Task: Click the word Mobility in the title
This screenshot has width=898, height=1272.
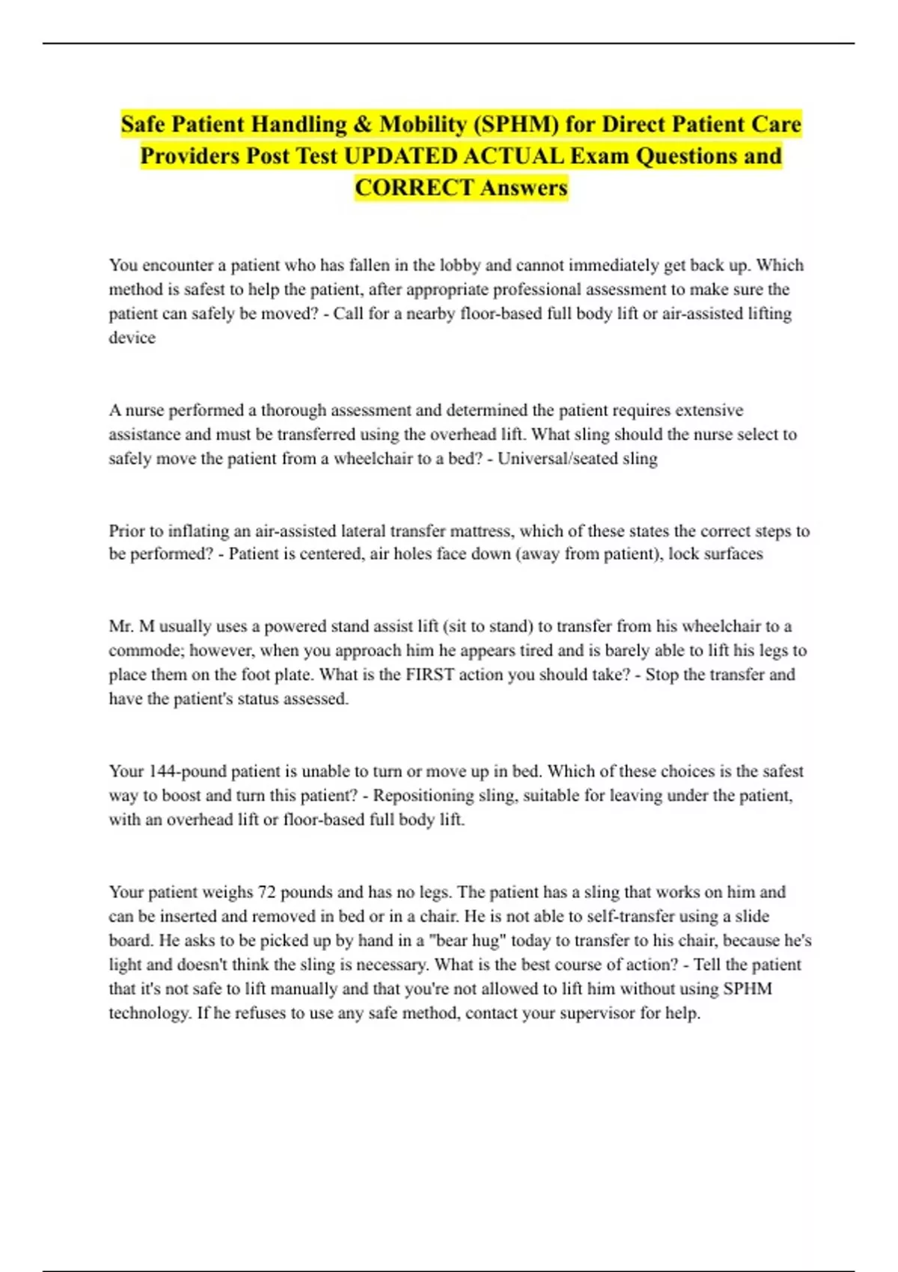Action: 423,124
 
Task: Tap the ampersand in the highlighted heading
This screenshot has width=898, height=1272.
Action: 363,124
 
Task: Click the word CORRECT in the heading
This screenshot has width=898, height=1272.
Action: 414,188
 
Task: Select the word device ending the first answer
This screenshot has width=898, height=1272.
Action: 132,338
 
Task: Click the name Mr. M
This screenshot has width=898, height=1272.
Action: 131,627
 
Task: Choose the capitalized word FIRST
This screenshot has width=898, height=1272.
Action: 430,675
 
